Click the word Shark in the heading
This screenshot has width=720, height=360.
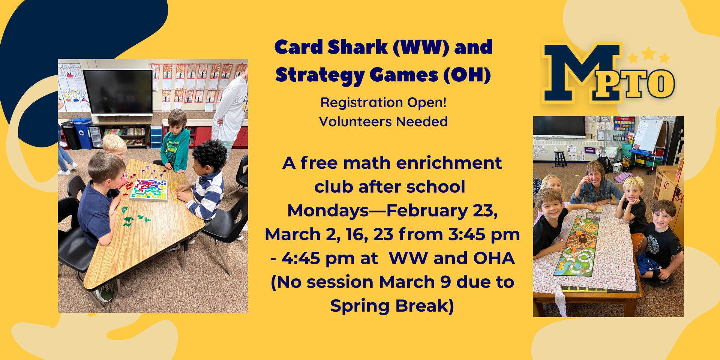(x=357, y=47)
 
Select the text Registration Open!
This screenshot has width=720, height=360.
(x=383, y=102)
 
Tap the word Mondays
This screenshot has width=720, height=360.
(x=328, y=211)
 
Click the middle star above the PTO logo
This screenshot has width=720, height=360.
(x=649, y=54)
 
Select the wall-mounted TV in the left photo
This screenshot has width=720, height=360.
(x=118, y=92)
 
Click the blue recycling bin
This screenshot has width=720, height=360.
(x=82, y=133)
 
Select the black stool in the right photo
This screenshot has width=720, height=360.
(x=560, y=158)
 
